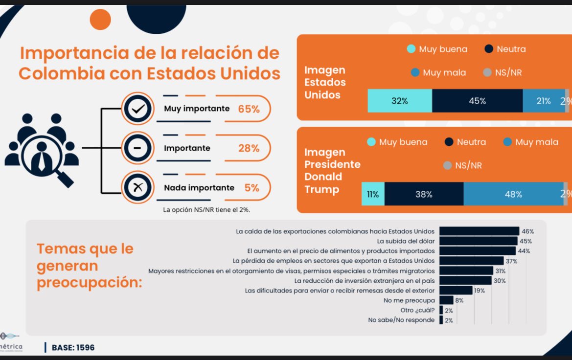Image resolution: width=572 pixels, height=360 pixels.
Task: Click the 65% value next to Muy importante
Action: point(249,109)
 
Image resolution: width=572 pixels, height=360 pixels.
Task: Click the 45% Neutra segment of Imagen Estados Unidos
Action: point(477,101)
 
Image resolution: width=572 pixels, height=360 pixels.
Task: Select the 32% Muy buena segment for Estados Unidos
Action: point(400,101)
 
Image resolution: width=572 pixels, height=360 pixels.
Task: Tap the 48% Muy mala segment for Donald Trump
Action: point(513,194)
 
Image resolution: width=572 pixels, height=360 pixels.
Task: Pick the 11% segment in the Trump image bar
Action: point(373,194)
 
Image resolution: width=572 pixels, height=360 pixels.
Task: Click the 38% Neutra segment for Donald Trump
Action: point(424,194)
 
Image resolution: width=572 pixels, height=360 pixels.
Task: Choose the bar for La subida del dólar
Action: point(478,241)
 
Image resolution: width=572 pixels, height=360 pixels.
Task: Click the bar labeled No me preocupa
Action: point(446,300)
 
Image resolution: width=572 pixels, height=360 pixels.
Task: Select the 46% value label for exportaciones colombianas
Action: point(527,231)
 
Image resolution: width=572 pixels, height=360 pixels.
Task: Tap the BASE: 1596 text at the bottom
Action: point(73,347)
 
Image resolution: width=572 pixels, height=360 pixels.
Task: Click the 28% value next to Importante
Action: point(249,148)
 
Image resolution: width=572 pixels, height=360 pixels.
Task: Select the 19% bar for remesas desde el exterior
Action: point(456,291)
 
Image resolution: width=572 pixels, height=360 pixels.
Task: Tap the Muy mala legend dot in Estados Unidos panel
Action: point(415,72)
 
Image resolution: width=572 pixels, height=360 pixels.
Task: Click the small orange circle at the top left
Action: point(101,19)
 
